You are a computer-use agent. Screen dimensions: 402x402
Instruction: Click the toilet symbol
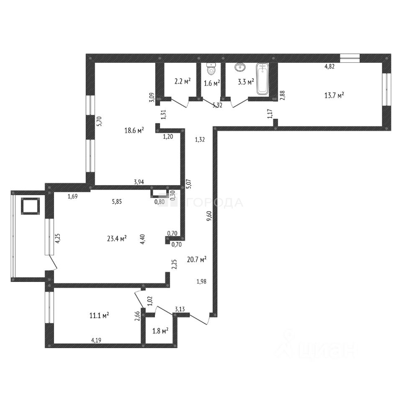pyautogui.click(x=211, y=68)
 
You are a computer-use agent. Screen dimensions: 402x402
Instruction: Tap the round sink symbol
pyautogui.click(x=240, y=67)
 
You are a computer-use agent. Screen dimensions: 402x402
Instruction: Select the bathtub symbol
pyautogui.click(x=262, y=78)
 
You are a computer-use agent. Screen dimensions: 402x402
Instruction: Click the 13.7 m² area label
pyautogui.click(x=334, y=95)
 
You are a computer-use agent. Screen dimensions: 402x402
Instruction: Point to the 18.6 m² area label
pyautogui.click(x=134, y=130)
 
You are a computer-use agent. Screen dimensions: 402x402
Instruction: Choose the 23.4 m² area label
pyautogui.click(x=117, y=239)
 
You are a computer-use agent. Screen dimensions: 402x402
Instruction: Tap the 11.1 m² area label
pyautogui.click(x=99, y=315)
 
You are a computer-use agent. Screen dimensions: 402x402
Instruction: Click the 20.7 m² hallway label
pyautogui.click(x=197, y=260)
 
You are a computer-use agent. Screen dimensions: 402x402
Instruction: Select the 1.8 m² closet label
pyautogui.click(x=160, y=331)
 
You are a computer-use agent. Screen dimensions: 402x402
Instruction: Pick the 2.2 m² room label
pyautogui.click(x=183, y=82)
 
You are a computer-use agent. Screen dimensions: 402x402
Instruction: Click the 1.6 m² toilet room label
pyautogui.click(x=212, y=83)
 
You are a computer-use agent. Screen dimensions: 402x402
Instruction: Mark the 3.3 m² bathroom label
pyautogui.click(x=246, y=82)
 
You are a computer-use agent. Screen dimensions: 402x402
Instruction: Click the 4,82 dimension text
pyautogui.click(x=330, y=67)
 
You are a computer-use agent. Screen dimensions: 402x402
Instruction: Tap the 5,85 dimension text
pyautogui.click(x=117, y=201)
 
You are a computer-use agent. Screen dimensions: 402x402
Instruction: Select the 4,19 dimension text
pyautogui.click(x=96, y=340)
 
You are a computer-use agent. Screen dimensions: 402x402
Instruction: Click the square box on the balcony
pyautogui.click(x=30, y=206)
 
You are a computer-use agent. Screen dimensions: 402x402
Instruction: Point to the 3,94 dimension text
pyautogui.click(x=139, y=182)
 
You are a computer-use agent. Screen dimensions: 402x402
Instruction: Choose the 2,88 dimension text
pyautogui.click(x=283, y=95)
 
